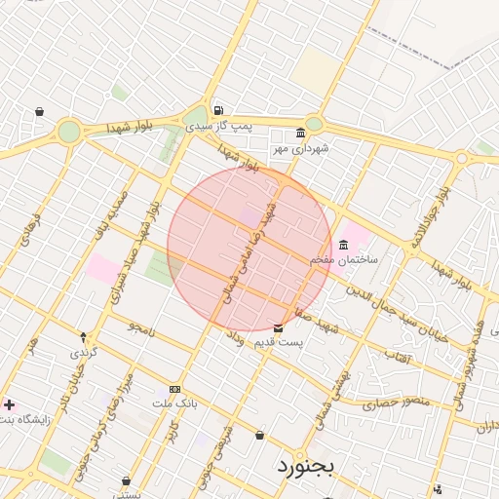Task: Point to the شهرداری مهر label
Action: tap(301, 148)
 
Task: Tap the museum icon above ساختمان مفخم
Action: tap(343, 245)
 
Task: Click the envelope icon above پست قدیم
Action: tap(279, 328)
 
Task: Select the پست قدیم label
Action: tap(279, 343)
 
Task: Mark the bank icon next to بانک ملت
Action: tap(174, 388)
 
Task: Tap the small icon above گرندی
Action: tap(83, 336)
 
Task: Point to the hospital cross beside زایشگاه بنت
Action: tap(9, 403)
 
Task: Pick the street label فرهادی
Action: tap(25, 229)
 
